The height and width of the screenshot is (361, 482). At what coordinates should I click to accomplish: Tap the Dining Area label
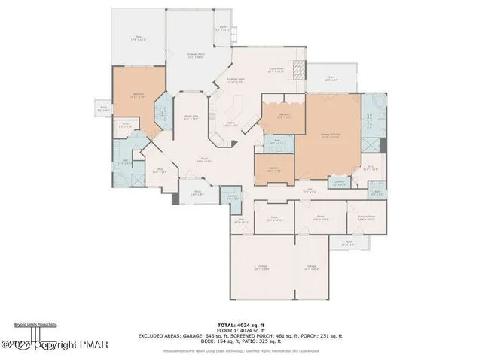[x=192, y=117]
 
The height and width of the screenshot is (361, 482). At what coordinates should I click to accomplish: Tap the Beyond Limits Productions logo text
[x=35, y=324]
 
